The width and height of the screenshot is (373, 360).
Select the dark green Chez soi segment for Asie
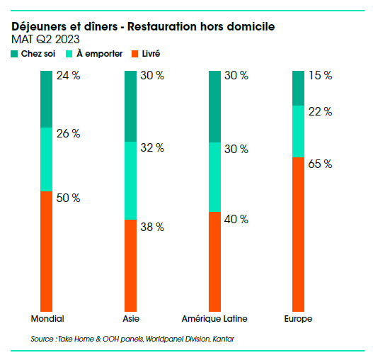130,106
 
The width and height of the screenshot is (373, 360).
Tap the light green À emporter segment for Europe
298,131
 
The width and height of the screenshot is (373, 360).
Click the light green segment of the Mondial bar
46,159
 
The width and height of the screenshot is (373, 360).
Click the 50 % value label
68,198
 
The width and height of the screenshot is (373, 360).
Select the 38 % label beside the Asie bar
152,227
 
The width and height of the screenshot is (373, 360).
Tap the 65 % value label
320,164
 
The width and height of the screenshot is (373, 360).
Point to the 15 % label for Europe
320,77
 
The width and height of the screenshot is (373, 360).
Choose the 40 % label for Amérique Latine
236,220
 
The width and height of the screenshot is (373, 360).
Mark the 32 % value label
152,147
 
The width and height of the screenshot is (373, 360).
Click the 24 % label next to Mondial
68,77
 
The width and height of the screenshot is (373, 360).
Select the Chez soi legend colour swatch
15,54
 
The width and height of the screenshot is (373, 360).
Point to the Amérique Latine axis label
214,318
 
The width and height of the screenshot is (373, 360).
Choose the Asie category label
131,318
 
